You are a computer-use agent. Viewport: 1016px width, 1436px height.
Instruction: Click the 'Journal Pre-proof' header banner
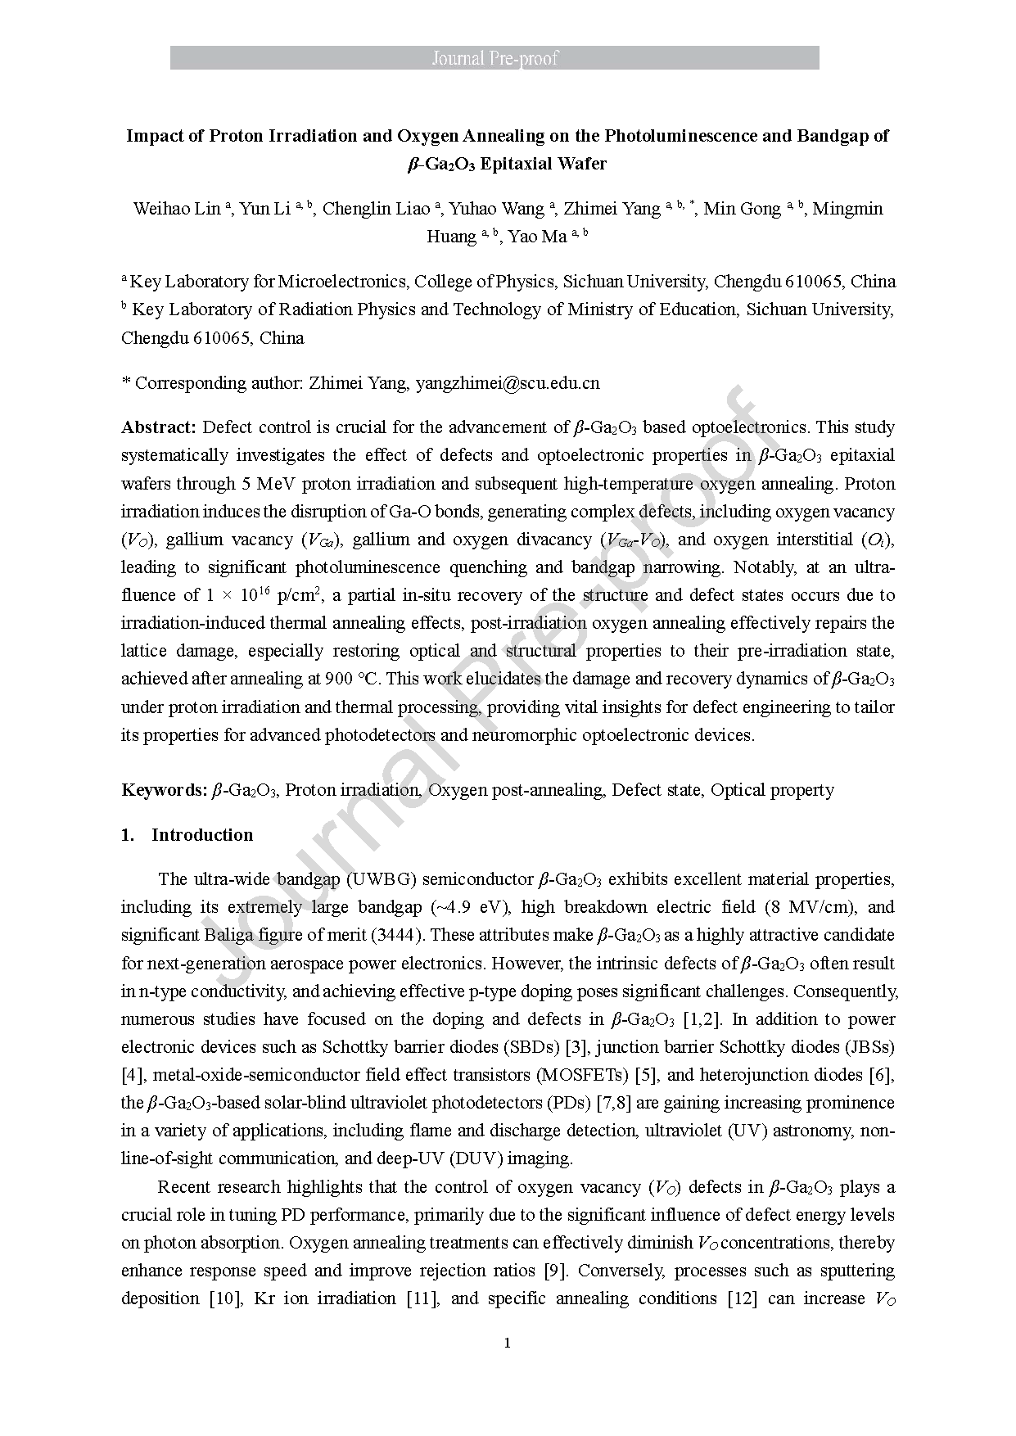pos(494,58)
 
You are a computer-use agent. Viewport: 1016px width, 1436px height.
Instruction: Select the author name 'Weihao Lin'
pos(177,209)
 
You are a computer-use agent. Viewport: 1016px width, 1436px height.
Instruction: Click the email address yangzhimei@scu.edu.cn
pos(508,382)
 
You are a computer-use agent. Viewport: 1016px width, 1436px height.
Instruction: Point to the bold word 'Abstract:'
pos(159,427)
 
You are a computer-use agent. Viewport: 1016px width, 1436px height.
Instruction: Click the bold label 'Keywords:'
pos(164,790)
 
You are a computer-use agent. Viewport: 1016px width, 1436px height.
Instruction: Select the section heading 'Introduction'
pos(202,835)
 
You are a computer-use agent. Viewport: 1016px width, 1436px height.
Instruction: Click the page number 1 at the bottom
pos(508,1343)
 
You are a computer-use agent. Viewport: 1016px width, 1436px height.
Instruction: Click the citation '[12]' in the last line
pos(742,1298)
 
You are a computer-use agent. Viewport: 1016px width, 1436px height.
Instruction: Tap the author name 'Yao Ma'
pos(537,237)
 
